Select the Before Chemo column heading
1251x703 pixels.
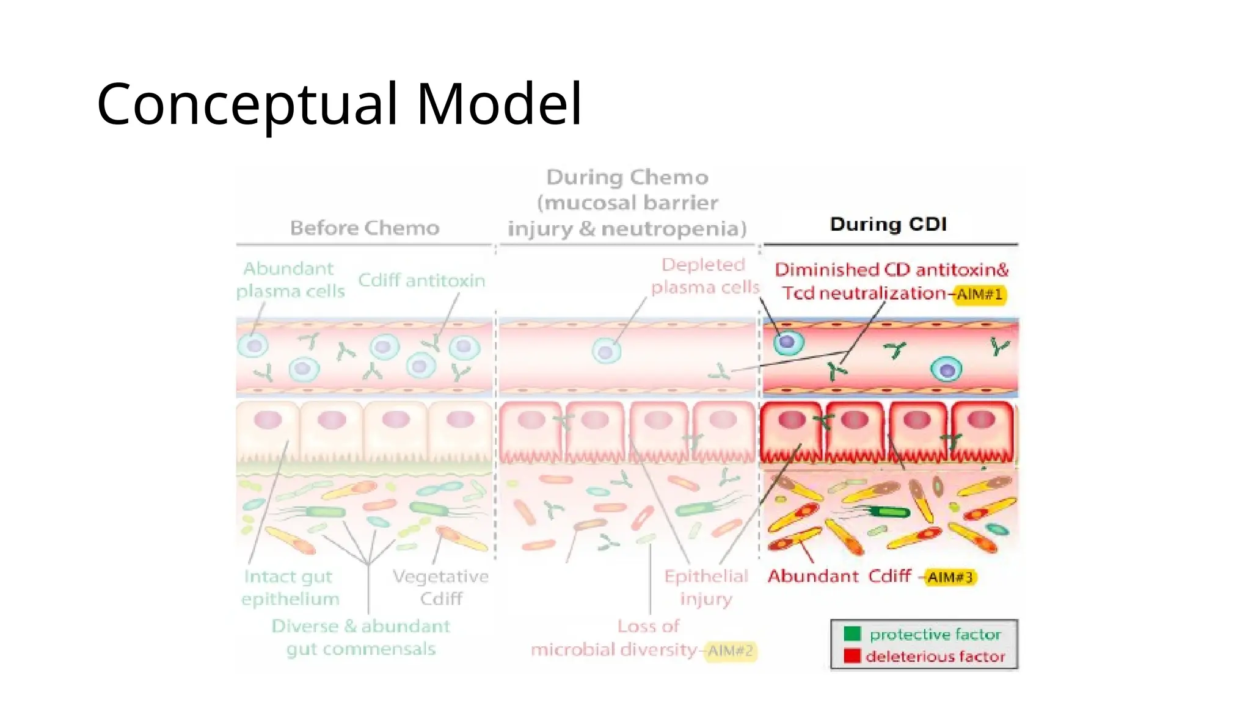[365, 228]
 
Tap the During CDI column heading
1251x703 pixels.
[888, 224]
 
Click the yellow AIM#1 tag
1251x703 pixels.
[979, 295]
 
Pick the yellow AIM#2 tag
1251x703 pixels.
[730, 651]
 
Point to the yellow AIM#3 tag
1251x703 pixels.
[950, 577]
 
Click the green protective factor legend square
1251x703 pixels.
[852, 633]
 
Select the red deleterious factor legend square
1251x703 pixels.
[852, 656]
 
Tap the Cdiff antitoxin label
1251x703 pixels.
[421, 281]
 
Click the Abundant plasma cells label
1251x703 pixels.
[290, 280]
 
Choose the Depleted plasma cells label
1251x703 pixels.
[704, 276]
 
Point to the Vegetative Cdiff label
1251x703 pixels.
[440, 587]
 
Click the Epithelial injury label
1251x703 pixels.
[706, 587]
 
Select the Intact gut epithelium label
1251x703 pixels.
[290, 587]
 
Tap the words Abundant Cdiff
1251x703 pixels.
[839, 576]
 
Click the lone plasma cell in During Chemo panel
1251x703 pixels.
[607, 351]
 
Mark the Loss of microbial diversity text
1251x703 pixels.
[614, 638]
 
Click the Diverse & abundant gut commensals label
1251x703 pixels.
[360, 637]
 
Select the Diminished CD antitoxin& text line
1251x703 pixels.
[891, 270]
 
